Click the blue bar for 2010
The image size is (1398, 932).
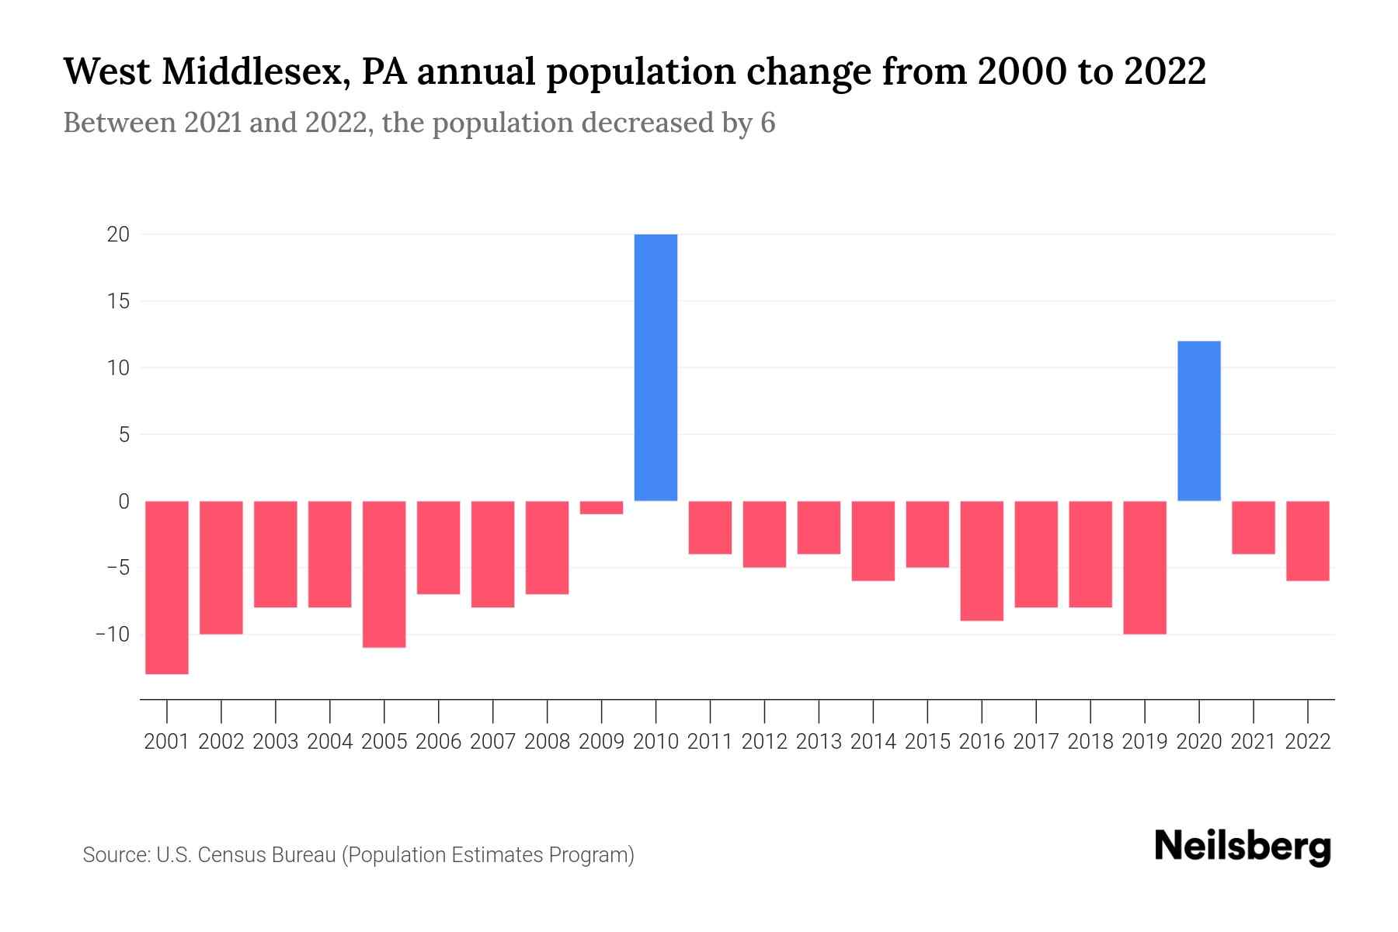click(x=656, y=367)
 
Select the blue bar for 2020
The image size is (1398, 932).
click(x=1198, y=421)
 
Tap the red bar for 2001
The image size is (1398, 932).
click(x=167, y=587)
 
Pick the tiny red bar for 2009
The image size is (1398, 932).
click(x=601, y=507)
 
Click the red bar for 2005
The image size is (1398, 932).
click(x=384, y=574)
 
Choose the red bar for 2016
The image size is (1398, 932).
click(x=982, y=561)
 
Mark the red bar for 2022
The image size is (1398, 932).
click(x=1308, y=541)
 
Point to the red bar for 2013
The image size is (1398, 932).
click(x=819, y=527)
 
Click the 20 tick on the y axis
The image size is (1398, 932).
click(x=118, y=235)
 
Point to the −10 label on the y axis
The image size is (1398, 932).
click(x=113, y=635)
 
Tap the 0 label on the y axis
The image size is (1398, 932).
click(x=123, y=502)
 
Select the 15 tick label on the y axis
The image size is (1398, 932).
click(x=118, y=301)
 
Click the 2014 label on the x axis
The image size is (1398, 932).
click(x=873, y=742)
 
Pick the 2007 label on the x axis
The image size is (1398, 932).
click(x=492, y=742)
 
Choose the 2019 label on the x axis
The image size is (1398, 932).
click(x=1144, y=742)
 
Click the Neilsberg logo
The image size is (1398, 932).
click(x=1242, y=847)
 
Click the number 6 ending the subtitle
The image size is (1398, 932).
click(x=767, y=123)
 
